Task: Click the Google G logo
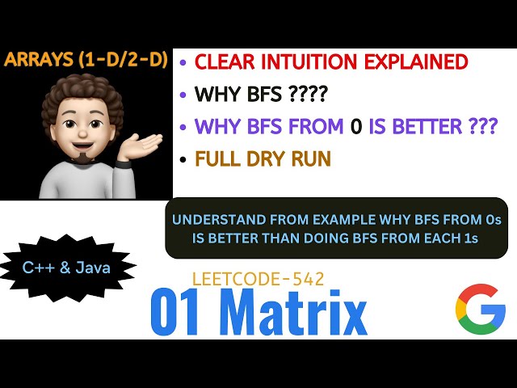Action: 480,309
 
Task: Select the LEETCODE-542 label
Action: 258,280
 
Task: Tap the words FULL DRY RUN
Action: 263,158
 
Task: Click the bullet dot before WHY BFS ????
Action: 185,95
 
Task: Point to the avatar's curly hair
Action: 77,97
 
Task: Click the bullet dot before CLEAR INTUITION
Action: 185,62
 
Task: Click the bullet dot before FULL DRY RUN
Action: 185,159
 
